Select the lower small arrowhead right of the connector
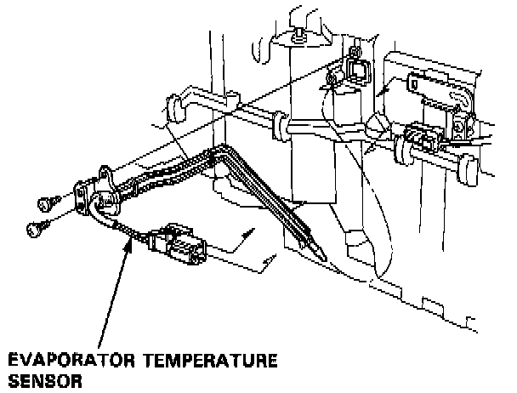point(271,257)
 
